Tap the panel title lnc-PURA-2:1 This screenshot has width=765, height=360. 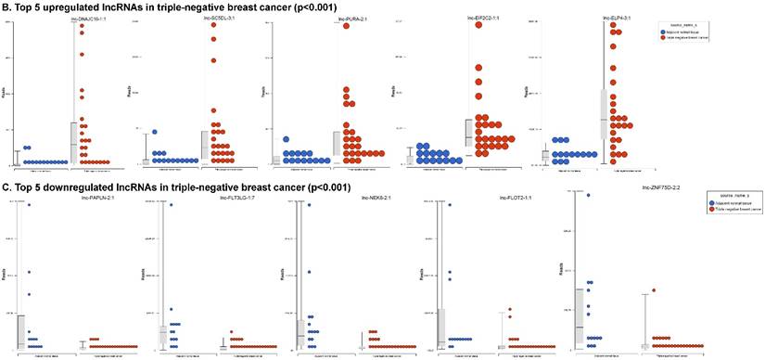[x=358, y=17]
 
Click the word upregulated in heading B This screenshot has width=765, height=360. [x=81, y=6]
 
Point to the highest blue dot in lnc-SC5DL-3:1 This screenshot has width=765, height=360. [x=156, y=133]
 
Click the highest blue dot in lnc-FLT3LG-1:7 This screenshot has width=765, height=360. [x=171, y=205]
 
